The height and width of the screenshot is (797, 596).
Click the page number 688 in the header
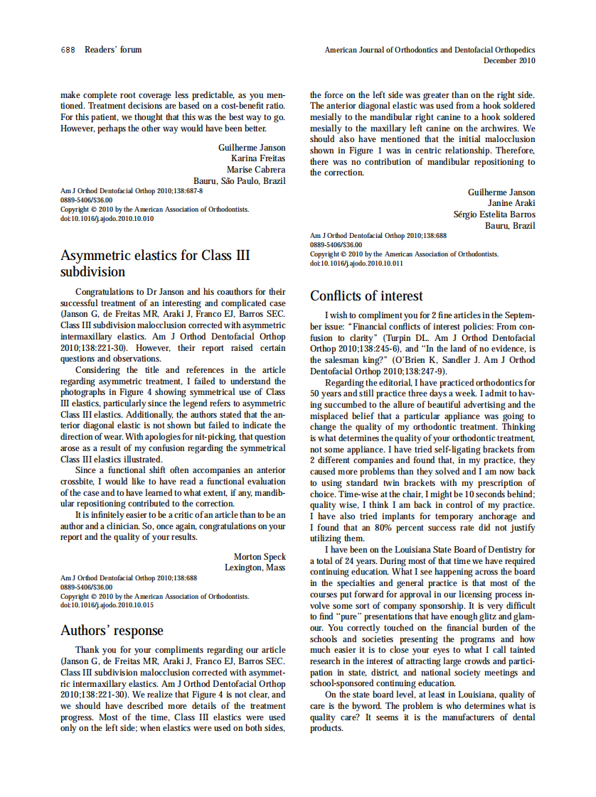(x=68, y=50)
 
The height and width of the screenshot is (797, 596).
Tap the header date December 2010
(x=509, y=61)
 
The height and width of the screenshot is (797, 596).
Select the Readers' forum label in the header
(x=113, y=50)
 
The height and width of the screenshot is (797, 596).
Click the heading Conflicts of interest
(x=366, y=296)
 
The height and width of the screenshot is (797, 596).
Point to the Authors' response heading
(x=112, y=631)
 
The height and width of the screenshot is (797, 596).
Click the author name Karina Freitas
(x=258, y=158)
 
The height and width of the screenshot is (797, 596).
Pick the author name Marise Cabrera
(x=256, y=170)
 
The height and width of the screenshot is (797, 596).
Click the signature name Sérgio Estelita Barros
(x=494, y=215)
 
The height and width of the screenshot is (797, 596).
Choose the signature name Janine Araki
(x=511, y=203)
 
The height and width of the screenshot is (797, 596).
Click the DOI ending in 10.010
(x=107, y=219)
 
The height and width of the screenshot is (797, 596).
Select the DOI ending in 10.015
(x=107, y=605)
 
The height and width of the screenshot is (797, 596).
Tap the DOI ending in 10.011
(x=356, y=263)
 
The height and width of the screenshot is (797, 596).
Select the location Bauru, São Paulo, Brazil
(x=240, y=181)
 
